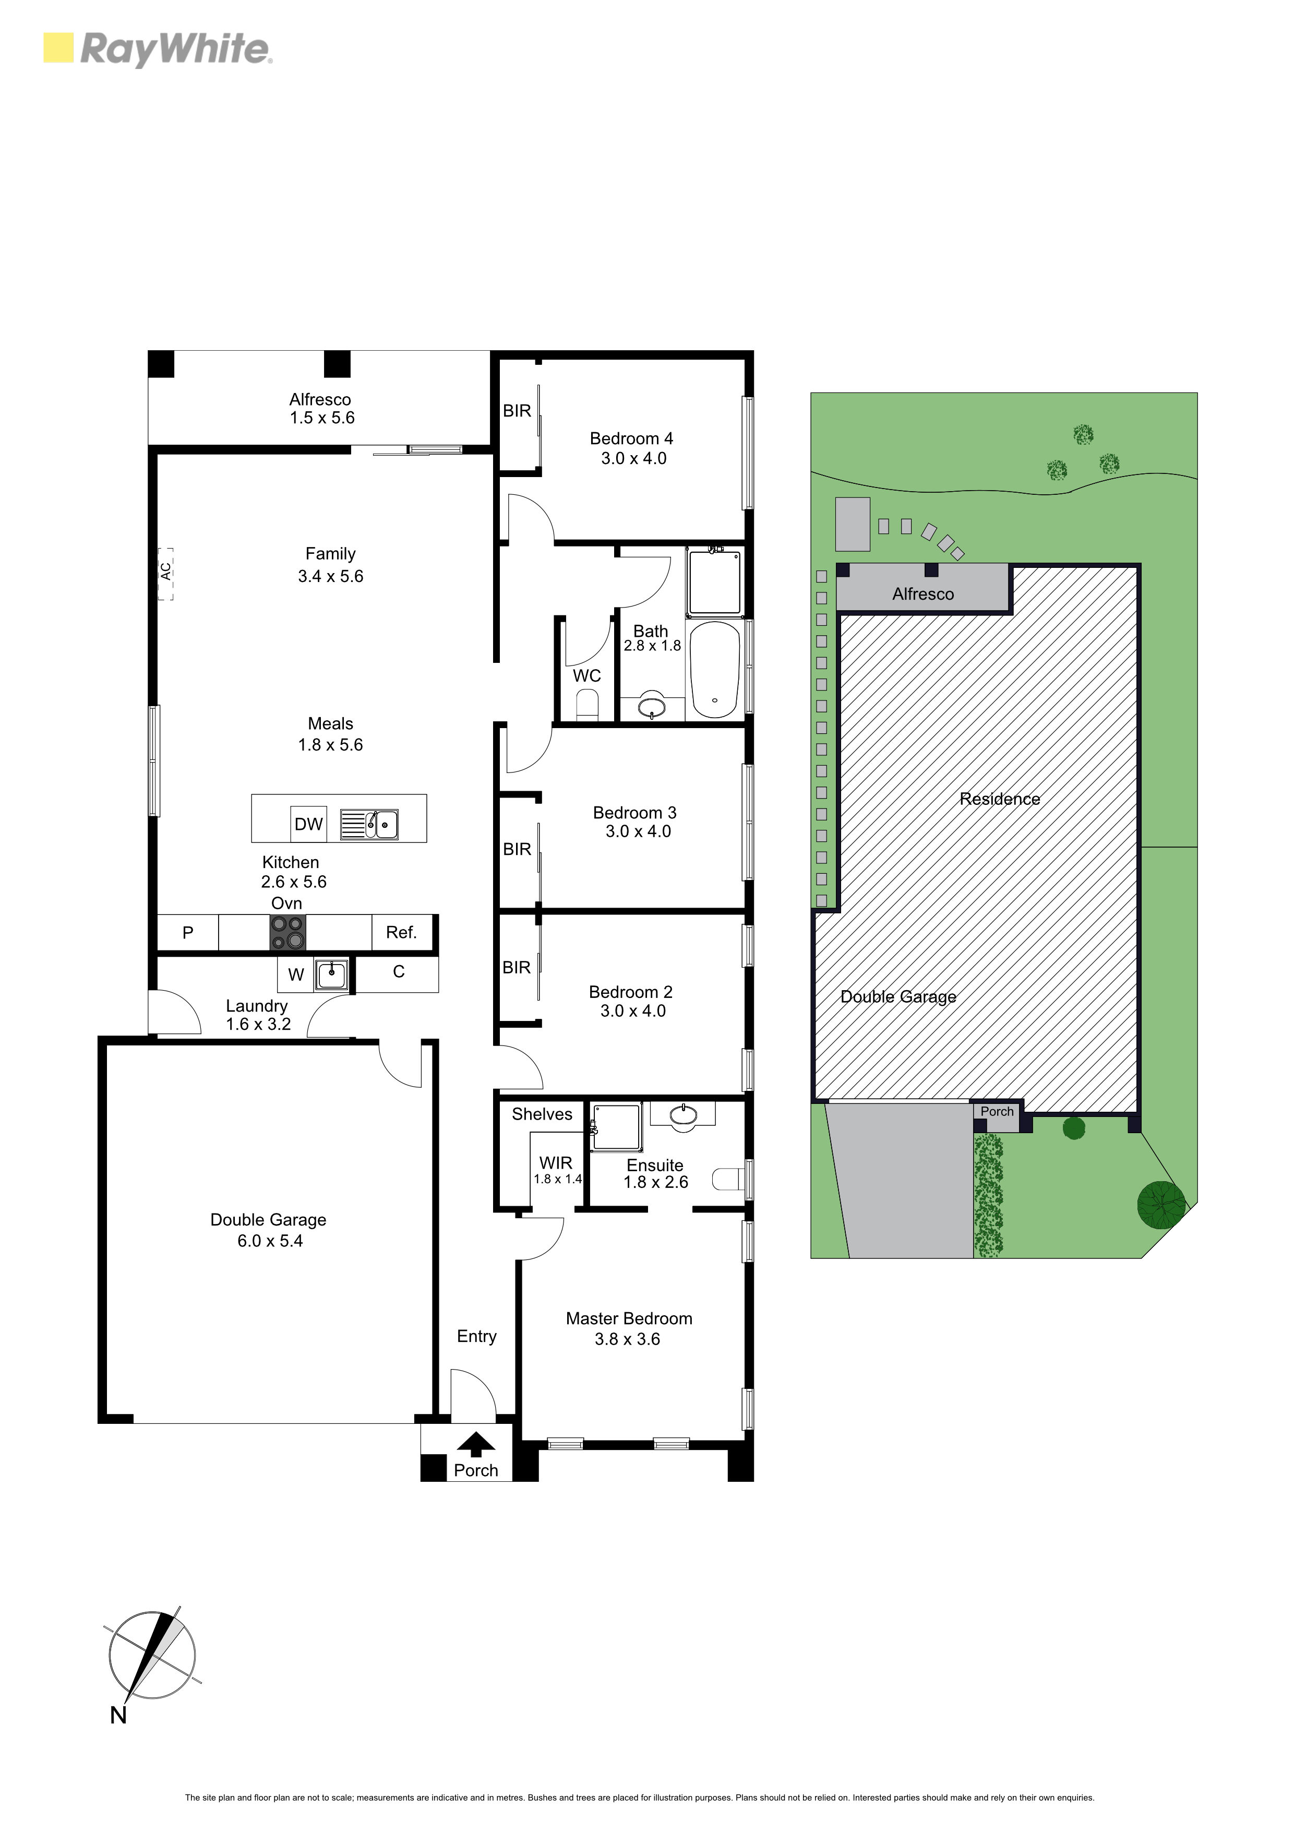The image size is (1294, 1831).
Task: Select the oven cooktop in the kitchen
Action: pos(288,932)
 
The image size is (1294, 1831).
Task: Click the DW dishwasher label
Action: pos(308,824)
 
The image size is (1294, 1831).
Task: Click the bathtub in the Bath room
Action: pos(715,670)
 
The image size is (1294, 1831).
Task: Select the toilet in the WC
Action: pos(588,705)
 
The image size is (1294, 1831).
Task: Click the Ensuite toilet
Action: pos(727,1179)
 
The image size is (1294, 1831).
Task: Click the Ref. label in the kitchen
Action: pos(401,932)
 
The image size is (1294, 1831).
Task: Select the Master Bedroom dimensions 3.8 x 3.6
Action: pos(628,1339)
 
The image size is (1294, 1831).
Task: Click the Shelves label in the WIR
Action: pos(542,1114)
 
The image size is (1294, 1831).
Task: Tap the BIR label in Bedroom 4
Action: pos(517,411)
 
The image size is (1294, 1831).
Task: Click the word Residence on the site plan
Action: pos(1000,798)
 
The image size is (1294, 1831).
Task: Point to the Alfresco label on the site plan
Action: pos(923,593)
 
